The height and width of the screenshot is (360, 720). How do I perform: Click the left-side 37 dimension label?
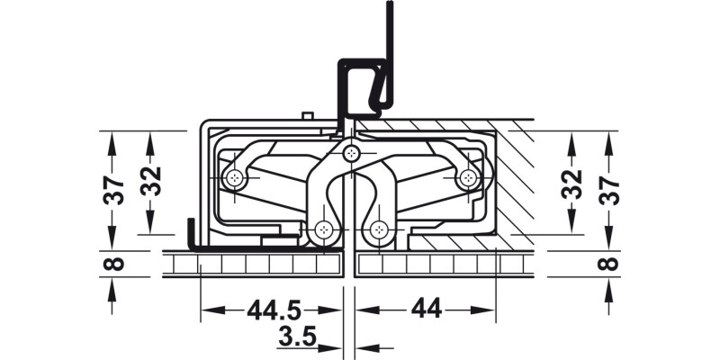[x=114, y=190]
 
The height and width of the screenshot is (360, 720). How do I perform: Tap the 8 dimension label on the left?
[x=114, y=264]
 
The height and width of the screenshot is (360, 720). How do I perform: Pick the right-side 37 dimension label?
[x=609, y=190]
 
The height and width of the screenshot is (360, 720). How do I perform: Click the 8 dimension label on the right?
[x=609, y=264]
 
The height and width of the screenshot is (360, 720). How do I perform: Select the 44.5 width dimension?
[x=273, y=310]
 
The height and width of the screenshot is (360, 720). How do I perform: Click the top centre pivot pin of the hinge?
[x=350, y=154]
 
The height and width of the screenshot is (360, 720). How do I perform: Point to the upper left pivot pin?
[x=235, y=178]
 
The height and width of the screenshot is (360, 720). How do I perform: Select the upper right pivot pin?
[x=467, y=178]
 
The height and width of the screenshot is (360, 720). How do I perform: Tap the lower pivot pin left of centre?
[x=323, y=230]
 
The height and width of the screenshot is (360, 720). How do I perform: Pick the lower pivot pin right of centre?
[x=378, y=230]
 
